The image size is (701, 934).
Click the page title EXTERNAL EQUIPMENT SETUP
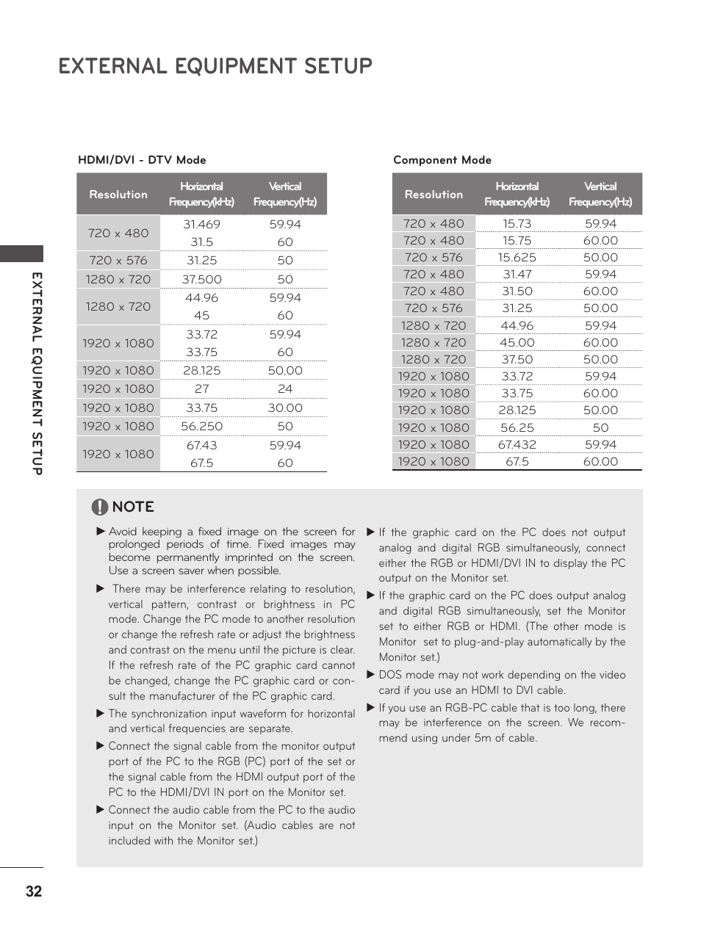click(x=215, y=66)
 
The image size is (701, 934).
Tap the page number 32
click(x=34, y=891)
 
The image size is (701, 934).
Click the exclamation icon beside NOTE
click(x=100, y=507)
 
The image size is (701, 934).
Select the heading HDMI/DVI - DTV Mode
click(x=142, y=160)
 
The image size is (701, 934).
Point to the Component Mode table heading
click(x=442, y=160)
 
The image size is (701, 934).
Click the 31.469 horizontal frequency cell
click(x=201, y=225)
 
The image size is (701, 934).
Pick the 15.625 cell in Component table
click(x=517, y=258)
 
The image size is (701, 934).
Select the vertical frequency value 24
click(x=285, y=389)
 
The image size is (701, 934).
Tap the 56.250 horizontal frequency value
click(x=201, y=427)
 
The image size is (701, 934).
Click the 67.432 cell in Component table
click(x=517, y=445)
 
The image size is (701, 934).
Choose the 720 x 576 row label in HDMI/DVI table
click(x=118, y=261)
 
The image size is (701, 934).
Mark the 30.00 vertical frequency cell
click(x=285, y=408)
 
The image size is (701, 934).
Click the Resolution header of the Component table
click(x=434, y=195)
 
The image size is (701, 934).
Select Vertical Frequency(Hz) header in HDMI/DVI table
click(x=285, y=195)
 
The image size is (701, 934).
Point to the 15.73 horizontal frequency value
click(x=517, y=224)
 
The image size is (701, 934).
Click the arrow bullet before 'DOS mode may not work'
click(x=371, y=674)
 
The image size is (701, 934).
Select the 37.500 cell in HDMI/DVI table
click(x=201, y=280)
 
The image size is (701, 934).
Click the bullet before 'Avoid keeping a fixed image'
click(x=101, y=531)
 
